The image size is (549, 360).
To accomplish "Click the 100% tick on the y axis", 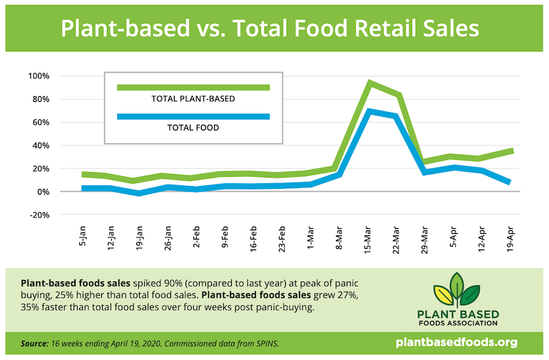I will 39,76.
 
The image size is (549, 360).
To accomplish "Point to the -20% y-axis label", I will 38,215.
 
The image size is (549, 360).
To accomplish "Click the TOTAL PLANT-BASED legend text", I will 193,99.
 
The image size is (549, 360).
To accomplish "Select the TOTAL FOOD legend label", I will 193,128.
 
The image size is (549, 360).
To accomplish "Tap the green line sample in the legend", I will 193,88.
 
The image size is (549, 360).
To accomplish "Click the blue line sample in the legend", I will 193,117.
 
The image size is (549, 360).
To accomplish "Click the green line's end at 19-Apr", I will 510,150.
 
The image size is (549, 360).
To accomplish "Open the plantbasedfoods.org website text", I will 456,343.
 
